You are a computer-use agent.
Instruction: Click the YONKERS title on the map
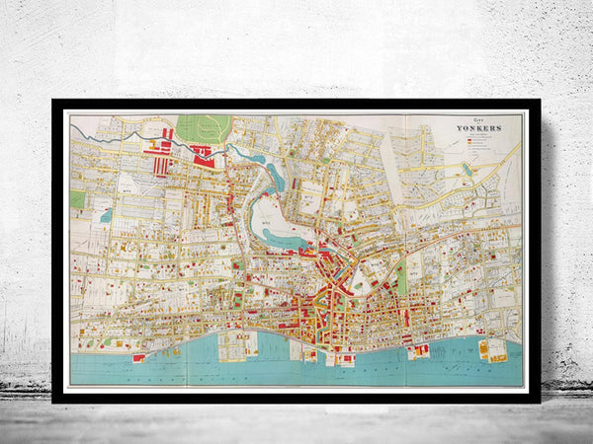point(478,128)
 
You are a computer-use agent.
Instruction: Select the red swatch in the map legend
point(467,139)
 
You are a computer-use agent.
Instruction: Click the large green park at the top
point(205,128)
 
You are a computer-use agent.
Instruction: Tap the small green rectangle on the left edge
point(77,198)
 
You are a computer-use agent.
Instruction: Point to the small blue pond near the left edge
point(106,214)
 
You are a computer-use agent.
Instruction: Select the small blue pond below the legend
point(467,169)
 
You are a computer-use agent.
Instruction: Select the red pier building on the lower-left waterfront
point(139,357)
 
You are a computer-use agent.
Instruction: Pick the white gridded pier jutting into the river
point(236,343)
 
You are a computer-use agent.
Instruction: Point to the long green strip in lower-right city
point(401,278)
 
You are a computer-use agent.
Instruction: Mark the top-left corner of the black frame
point(53,101)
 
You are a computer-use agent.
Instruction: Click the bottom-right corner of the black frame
point(540,402)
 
